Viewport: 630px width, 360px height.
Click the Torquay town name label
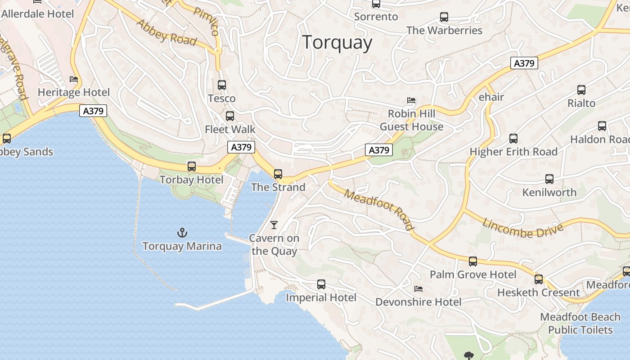[337, 43]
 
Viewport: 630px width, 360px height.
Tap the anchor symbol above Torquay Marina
[182, 233]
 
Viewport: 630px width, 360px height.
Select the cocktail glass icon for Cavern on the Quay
[274, 225]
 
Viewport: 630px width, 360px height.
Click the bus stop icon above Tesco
[221, 85]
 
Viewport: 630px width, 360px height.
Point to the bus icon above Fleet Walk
[230, 116]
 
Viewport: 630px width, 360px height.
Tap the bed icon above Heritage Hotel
[74, 79]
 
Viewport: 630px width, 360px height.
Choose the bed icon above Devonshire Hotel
[418, 288]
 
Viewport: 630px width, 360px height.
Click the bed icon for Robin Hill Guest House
[411, 100]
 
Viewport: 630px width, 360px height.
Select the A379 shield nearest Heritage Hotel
[93, 111]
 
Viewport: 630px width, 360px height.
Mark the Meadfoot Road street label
[378, 209]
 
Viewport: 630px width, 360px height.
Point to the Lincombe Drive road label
[523, 228]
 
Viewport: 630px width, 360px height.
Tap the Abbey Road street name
[166, 32]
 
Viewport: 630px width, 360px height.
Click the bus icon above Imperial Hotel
[321, 284]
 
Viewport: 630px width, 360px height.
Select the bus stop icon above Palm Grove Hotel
[472, 261]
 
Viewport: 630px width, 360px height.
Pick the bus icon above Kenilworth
[549, 179]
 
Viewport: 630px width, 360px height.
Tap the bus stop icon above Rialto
[581, 90]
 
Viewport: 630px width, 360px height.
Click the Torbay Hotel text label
[191, 180]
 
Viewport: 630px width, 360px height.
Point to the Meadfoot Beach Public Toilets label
[580, 324]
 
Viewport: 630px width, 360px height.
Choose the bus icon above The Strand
[278, 174]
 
